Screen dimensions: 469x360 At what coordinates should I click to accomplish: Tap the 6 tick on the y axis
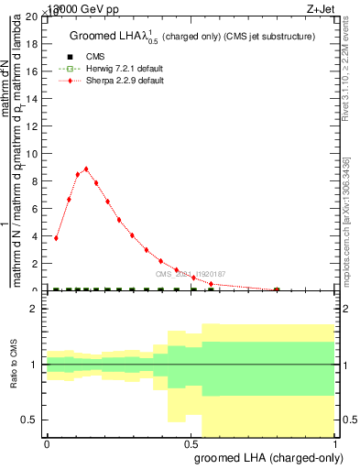click(x=34, y=209)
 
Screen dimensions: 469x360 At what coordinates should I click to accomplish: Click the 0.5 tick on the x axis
click(x=191, y=444)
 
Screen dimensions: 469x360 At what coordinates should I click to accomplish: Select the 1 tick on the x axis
click(x=336, y=444)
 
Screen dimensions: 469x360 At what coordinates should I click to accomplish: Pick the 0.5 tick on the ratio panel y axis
click(x=29, y=420)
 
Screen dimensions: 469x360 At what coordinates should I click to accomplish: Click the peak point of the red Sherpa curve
click(x=86, y=169)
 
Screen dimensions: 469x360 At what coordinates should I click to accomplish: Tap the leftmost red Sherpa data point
click(x=57, y=238)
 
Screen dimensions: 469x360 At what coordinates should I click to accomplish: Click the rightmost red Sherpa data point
click(x=277, y=289)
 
